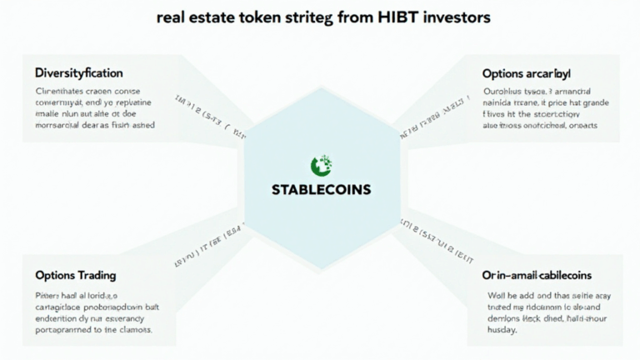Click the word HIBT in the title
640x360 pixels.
click(x=377, y=17)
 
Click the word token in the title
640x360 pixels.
click(x=259, y=17)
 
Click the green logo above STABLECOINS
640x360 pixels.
click(x=320, y=165)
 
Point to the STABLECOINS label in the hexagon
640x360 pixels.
click(x=321, y=189)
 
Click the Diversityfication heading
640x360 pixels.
click(x=78, y=72)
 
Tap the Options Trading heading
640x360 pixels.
click(x=76, y=275)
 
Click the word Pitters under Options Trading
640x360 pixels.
click(x=48, y=295)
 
